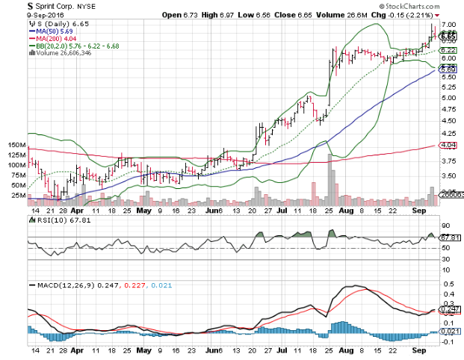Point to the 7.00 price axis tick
[x=447, y=25]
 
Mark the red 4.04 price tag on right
[x=448, y=144]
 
